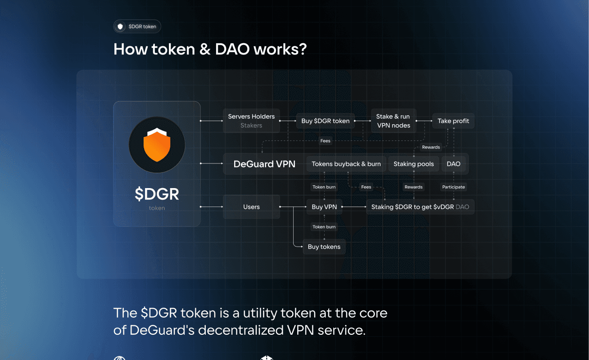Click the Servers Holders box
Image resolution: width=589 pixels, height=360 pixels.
[251, 121]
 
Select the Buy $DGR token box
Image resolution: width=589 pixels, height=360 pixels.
[325, 121]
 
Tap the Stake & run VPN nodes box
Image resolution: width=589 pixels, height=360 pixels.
[393, 121]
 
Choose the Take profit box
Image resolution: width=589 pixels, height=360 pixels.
[453, 121]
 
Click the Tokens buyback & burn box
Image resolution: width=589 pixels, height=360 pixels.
[346, 164]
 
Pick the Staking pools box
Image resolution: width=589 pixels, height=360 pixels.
[413, 164]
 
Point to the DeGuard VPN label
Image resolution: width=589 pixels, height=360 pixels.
[264, 164]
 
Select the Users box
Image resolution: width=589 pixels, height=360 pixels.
[251, 207]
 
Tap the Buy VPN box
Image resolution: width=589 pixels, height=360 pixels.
[324, 207]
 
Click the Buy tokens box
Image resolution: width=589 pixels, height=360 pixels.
[324, 247]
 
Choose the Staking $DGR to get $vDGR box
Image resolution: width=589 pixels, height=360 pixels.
[420, 207]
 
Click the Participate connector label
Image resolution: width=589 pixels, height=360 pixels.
[453, 187]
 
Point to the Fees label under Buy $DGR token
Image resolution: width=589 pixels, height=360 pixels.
[325, 141]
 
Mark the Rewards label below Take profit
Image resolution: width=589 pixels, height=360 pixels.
[431, 147]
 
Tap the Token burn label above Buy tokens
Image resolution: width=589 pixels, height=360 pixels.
[324, 227]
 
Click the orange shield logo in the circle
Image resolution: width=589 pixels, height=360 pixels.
[157, 144]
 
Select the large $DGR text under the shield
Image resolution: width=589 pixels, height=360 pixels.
[157, 194]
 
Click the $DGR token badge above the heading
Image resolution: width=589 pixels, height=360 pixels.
[137, 27]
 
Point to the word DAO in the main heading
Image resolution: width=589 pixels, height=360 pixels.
[232, 49]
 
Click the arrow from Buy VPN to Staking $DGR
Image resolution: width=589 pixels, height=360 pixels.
[354, 207]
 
